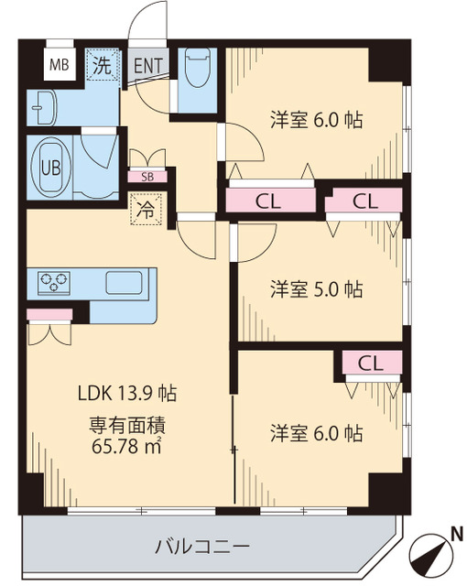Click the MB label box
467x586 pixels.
(59, 65)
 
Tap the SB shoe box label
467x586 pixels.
(147, 177)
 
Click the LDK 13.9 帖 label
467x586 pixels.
(126, 395)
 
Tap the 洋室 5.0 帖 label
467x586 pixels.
(316, 289)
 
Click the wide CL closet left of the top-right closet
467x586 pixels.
(268, 201)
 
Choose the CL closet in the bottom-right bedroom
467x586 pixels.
(371, 362)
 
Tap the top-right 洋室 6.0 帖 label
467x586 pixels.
(316, 118)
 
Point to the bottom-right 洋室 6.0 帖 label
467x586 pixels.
(316, 432)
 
